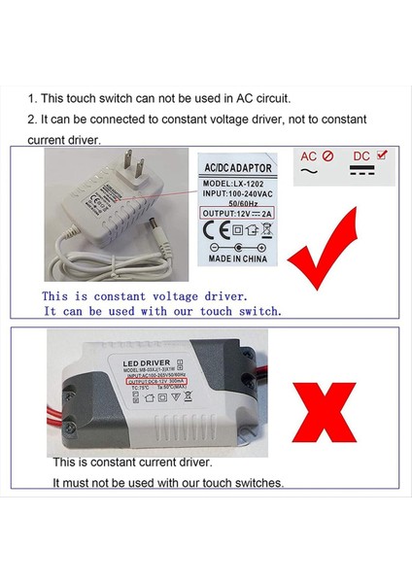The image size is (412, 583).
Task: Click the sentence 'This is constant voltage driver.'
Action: click(x=145, y=294)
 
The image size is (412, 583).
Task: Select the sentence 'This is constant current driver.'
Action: click(x=132, y=463)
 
